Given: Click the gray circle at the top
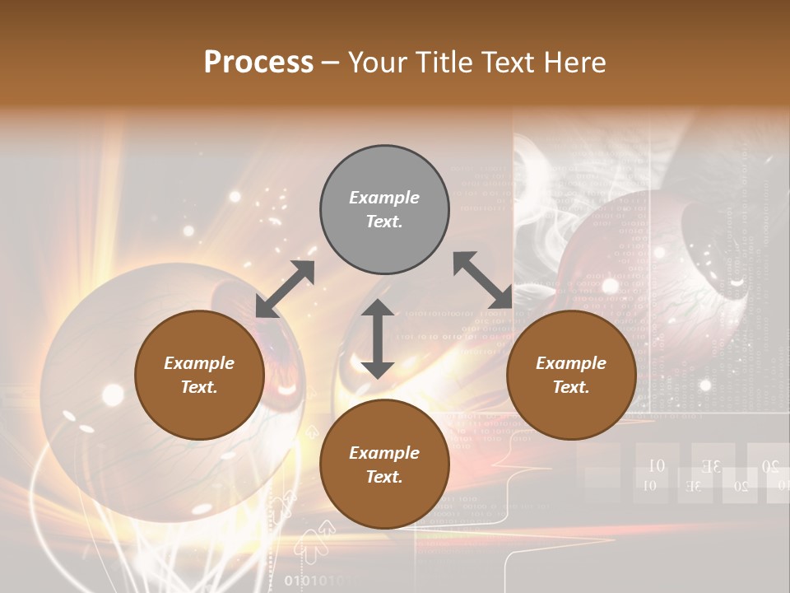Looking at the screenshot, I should [384, 210].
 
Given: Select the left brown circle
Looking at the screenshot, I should [199, 376].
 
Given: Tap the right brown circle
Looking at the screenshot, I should [571, 376].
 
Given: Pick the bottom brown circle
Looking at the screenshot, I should [384, 465].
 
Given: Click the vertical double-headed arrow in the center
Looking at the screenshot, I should [378, 339].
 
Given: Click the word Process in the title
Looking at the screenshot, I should [258, 62].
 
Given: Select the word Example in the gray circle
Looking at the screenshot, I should [384, 198].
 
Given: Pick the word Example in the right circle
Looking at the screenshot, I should [571, 363].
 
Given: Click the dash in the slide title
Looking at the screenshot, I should [331, 63].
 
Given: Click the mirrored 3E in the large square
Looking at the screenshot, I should [713, 467].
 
